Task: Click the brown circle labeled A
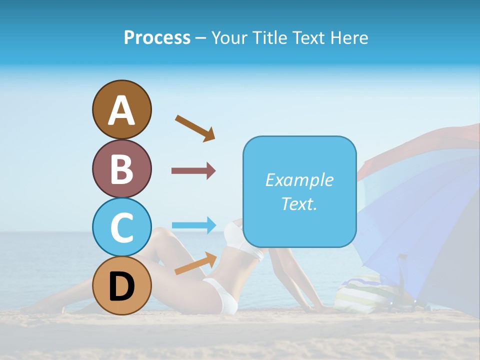coord(121,109)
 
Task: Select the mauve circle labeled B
coord(121,168)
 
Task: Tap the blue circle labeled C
coord(121,227)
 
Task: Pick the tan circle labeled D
coord(121,286)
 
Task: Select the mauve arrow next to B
coord(193,171)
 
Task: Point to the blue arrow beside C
coord(193,225)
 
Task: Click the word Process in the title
coord(157,38)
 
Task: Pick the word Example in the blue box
coord(299,180)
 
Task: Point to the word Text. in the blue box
coord(299,203)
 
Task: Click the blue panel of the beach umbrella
coord(400,215)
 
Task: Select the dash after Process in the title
coord(200,38)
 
